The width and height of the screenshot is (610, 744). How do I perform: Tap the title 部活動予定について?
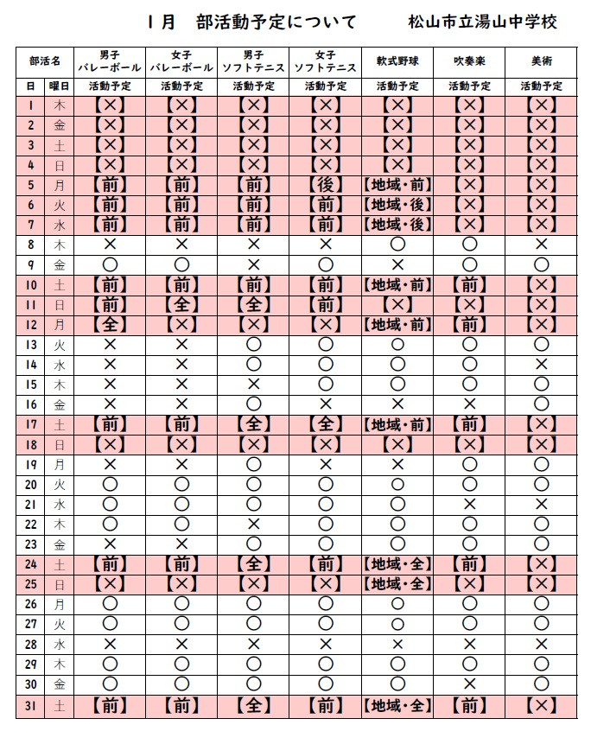[276, 22]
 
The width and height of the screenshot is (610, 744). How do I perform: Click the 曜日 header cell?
[59, 86]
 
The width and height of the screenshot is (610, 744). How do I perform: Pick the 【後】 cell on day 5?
[325, 185]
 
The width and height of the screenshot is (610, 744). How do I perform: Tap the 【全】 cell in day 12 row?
[110, 324]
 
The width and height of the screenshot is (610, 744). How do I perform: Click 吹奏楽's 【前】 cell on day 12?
[469, 324]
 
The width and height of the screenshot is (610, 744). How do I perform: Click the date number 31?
[31, 704]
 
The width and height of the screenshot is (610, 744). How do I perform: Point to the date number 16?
[31, 404]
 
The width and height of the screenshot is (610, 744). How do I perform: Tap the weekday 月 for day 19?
[59, 464]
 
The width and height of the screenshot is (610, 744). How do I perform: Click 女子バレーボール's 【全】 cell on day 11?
[181, 304]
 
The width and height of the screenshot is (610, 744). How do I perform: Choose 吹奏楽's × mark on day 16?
[469, 404]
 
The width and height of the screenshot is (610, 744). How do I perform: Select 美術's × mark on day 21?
[541, 504]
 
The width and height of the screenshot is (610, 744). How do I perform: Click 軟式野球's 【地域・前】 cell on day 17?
[397, 424]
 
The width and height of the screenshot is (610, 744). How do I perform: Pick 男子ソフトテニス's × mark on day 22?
[253, 524]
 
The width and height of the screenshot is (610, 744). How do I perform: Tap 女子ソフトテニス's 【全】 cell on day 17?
[325, 424]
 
